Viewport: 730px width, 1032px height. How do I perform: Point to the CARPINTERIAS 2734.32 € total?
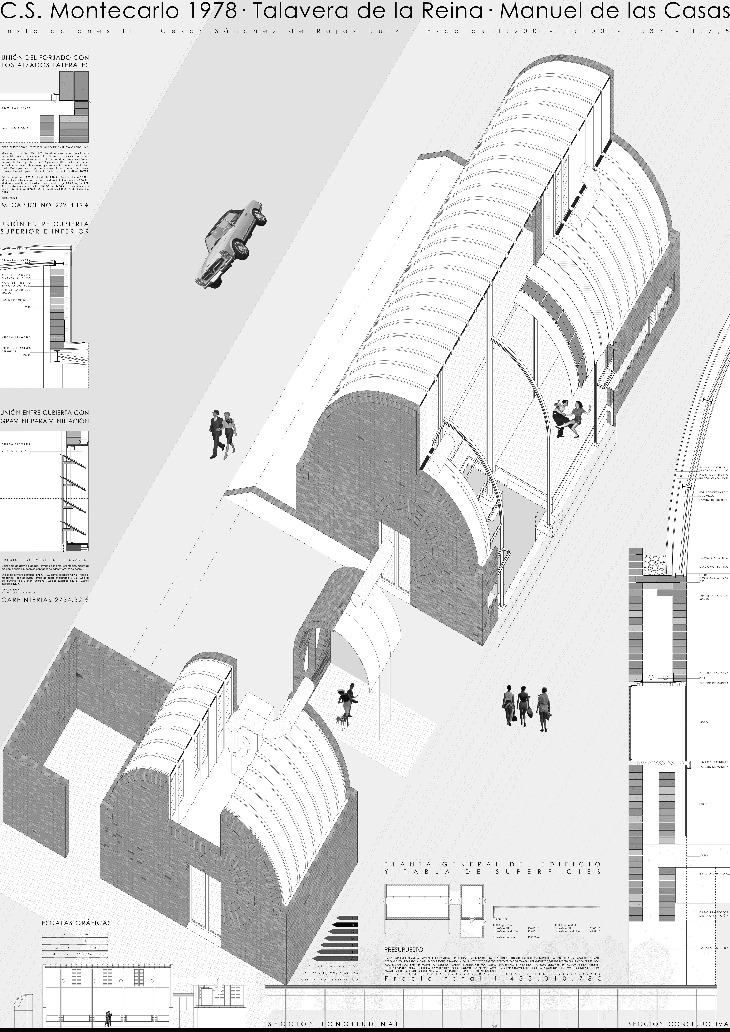click(x=45, y=599)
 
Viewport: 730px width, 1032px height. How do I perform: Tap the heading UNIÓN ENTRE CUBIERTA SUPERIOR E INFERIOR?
click(x=45, y=227)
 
